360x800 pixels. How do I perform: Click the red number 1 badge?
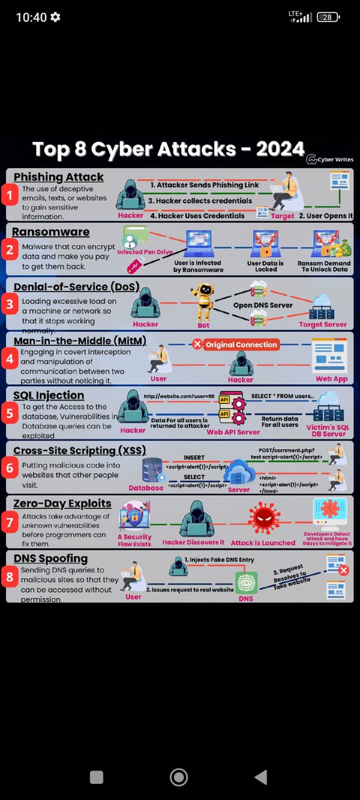9,196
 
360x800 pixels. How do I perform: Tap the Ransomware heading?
51,231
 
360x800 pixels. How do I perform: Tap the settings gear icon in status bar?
55,17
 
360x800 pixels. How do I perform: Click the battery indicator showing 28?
328,17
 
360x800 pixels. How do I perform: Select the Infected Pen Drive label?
144,253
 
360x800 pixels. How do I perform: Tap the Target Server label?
323,325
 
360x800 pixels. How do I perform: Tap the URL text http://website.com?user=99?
179,395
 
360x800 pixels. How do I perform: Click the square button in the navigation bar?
96,777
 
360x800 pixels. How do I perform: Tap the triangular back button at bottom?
261,777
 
